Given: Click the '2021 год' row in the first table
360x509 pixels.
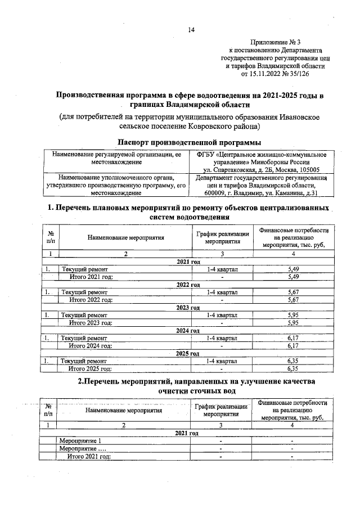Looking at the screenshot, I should point(188,262).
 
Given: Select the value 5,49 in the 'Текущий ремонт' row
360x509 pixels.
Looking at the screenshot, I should point(292,269).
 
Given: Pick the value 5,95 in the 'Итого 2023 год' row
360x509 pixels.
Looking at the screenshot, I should point(292,323).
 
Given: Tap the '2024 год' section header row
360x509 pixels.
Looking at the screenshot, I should point(188,331).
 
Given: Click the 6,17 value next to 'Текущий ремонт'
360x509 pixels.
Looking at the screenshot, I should point(292,338).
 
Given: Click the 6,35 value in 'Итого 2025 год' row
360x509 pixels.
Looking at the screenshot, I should point(292,369).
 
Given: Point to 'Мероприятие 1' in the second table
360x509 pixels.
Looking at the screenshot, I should point(82,440).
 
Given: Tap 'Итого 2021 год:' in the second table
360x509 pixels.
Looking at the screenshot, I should point(89,456).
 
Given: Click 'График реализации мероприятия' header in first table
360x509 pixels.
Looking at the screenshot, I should point(222,237).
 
